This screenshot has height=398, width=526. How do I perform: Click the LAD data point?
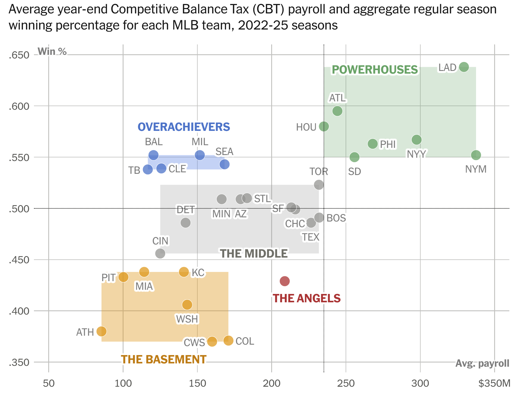click(x=464, y=67)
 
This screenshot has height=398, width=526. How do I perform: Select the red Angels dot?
click(x=285, y=281)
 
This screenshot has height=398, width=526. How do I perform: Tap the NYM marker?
click(x=476, y=155)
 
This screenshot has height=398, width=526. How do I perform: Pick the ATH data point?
click(x=102, y=331)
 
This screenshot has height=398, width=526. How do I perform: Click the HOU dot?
click(x=324, y=126)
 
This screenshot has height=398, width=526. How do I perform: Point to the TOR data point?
click(x=319, y=185)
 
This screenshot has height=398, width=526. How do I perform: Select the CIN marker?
click(x=160, y=254)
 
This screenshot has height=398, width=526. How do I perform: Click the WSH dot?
click(x=187, y=305)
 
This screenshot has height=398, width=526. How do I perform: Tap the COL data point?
click(x=228, y=340)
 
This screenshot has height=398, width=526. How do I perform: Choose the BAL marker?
click(x=153, y=155)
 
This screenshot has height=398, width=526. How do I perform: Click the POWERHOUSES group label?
click(x=375, y=70)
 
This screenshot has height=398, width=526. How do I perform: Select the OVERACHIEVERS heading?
click(x=184, y=127)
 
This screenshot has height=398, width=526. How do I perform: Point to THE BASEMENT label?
click(x=163, y=360)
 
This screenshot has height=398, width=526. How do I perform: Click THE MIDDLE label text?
click(x=254, y=254)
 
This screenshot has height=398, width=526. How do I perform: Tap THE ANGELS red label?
click(x=307, y=298)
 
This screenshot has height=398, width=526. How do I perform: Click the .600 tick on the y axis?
click(x=19, y=106)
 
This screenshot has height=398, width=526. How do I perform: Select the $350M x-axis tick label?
click(x=494, y=383)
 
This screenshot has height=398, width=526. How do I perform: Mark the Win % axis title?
click(x=52, y=51)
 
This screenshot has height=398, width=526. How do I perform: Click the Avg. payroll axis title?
click(x=482, y=363)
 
